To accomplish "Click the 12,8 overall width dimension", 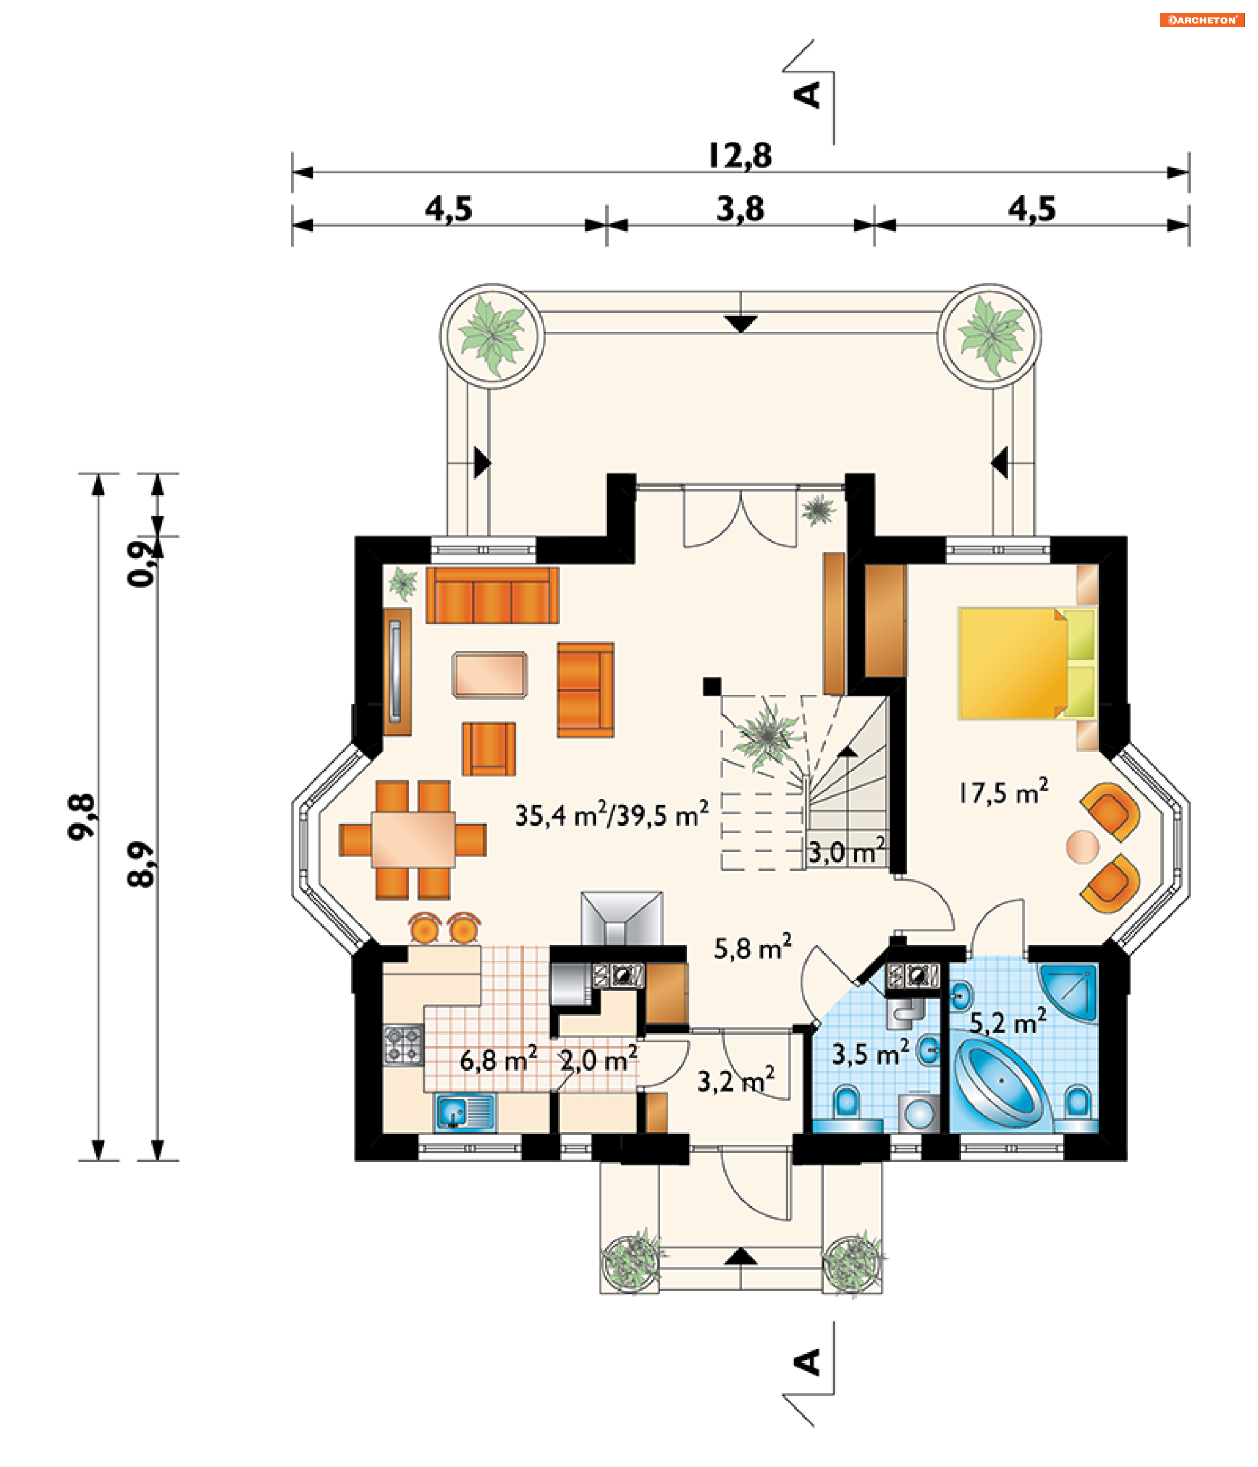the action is coord(739,156).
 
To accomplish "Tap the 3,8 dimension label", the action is coord(740,209).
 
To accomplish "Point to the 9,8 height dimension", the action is coord(82,817).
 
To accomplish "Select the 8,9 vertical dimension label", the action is coord(141,864).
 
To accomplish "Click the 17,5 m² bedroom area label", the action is coord(1002,791).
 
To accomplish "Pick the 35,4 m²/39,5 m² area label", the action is coord(611,814).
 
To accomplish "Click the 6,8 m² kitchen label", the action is coord(498,1059).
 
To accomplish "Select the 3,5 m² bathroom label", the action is coord(870,1054).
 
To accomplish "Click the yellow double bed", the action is coord(1027,664).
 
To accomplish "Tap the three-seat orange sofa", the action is coord(492,596).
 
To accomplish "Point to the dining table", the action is coord(413,839).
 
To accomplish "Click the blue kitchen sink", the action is coord(465,1112).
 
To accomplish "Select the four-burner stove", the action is coord(404,1045).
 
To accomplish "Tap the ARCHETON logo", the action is coord(1202,20).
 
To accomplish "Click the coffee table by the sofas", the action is coord(489,675).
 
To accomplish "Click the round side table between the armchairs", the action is coord(1082,846).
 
